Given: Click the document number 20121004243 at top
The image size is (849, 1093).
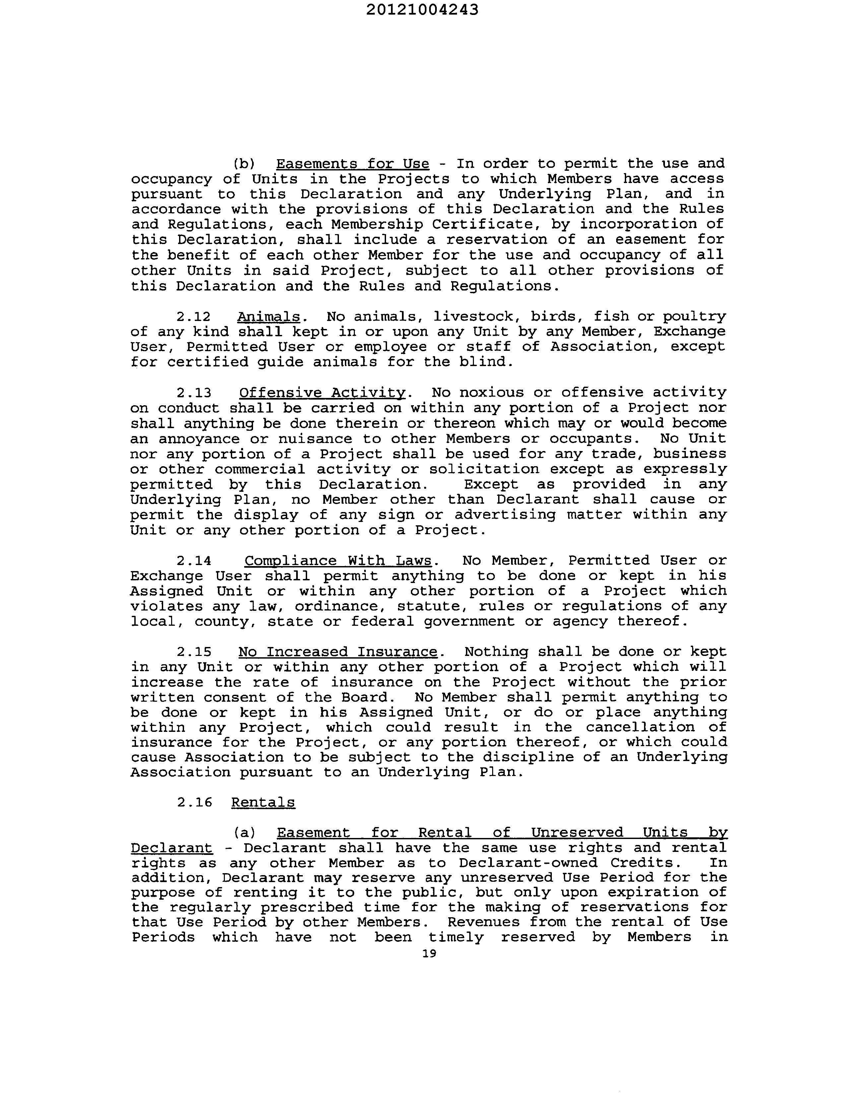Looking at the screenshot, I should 422,10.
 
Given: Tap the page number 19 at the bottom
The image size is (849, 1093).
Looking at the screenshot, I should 429,953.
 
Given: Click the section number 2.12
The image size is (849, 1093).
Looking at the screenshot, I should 193,316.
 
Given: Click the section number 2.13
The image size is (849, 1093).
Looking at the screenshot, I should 193,392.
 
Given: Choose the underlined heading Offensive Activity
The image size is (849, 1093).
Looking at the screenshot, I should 322,392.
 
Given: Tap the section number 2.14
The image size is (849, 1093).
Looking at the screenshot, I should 193,560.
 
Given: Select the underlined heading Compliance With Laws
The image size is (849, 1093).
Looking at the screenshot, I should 338,560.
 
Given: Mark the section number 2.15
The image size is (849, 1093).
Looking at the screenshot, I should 193,652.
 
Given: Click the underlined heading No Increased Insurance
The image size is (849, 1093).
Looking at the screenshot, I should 338,652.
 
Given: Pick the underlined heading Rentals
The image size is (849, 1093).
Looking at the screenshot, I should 263,803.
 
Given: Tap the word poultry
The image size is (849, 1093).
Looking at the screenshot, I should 694,316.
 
